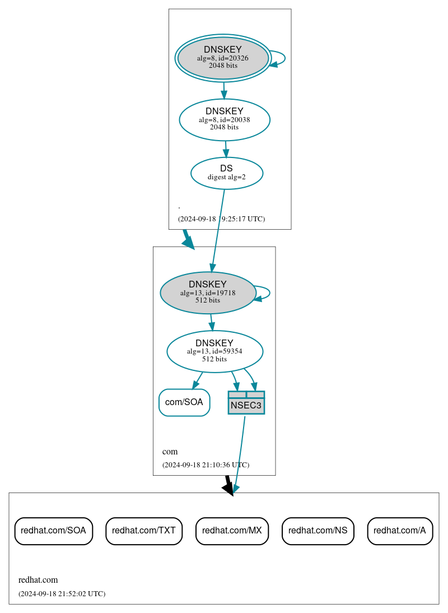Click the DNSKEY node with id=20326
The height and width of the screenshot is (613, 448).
[x=223, y=58]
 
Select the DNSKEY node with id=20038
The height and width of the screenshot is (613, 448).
[x=225, y=119]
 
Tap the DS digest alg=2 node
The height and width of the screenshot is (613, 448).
[x=227, y=173]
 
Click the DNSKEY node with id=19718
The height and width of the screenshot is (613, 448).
[x=208, y=292]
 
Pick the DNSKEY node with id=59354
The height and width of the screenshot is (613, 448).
[x=214, y=351]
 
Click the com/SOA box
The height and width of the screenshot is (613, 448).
[x=184, y=402]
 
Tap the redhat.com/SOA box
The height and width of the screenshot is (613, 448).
[x=53, y=531]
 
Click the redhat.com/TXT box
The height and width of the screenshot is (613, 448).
[x=144, y=531]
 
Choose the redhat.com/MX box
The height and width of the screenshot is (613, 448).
[x=232, y=531]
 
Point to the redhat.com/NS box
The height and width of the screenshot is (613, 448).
[x=318, y=531]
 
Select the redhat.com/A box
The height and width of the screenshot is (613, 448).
[x=400, y=531]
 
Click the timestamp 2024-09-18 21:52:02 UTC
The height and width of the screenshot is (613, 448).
[x=62, y=593]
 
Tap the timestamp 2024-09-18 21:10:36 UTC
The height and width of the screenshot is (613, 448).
[x=206, y=465]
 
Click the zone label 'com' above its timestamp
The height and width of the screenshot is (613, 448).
[x=170, y=452]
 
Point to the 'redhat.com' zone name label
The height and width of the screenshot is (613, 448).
[x=38, y=580]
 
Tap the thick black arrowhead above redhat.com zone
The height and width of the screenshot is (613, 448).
[x=228, y=488]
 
